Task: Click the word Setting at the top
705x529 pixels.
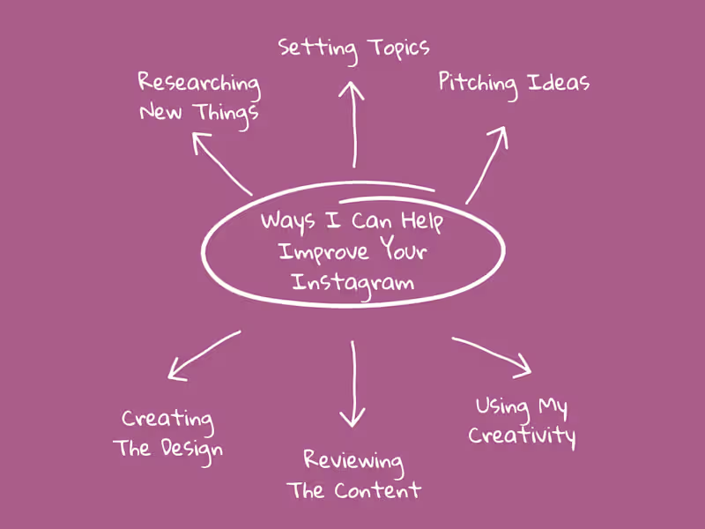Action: (317, 49)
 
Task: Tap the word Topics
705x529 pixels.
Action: (399, 48)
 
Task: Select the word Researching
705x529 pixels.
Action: (199, 84)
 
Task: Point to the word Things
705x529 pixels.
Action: (227, 115)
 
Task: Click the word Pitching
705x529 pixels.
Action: (478, 85)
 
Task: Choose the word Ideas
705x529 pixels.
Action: (559, 83)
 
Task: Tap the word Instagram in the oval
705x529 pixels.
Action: (353, 284)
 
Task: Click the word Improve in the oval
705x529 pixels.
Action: (323, 253)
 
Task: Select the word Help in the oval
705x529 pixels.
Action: (422, 222)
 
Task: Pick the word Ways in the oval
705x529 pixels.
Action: (288, 222)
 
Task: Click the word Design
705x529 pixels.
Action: (191, 451)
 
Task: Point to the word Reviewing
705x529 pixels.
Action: (353, 461)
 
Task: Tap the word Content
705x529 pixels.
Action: (378, 490)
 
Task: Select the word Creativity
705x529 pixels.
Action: (522, 436)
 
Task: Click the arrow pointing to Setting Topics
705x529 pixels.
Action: (354, 124)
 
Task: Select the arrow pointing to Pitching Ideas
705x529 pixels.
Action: (486, 165)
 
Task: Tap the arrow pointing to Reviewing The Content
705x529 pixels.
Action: (353, 384)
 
